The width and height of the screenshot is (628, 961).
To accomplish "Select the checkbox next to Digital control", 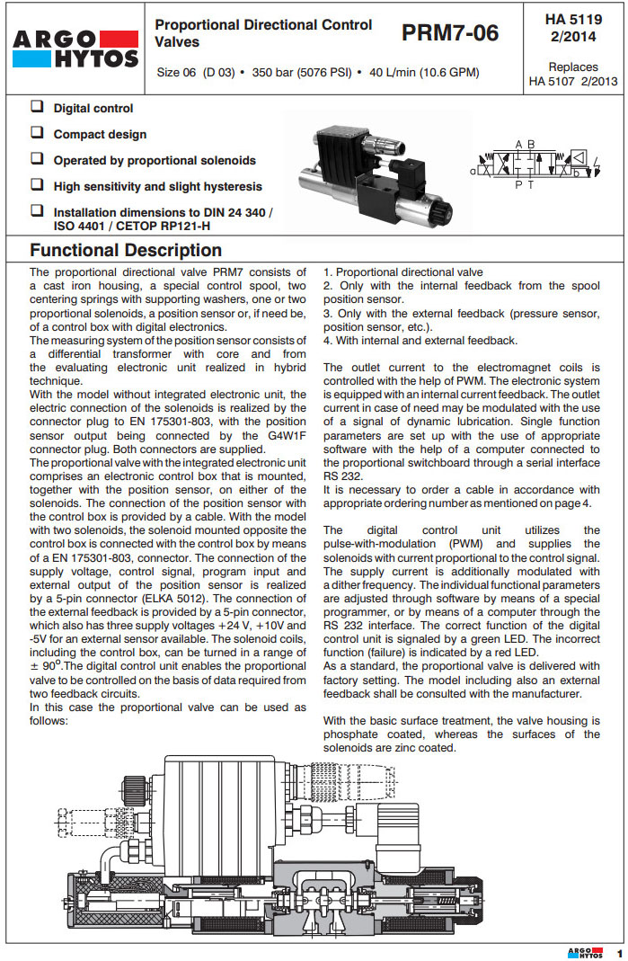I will [37, 108].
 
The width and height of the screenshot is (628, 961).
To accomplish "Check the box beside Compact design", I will [37, 133].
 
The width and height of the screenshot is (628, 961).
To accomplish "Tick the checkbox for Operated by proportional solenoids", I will [37, 159].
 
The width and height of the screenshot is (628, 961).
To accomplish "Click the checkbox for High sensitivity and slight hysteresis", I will [37, 185].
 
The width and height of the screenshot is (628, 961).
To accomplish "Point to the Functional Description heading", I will [126, 251].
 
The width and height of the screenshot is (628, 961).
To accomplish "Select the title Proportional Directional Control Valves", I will [263, 33].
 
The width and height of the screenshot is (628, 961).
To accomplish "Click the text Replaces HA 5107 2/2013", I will [574, 75].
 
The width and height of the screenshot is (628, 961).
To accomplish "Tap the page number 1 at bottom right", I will [618, 952].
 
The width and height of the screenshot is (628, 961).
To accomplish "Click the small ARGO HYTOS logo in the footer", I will [585, 952].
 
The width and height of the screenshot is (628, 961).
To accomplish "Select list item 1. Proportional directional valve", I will [402, 272].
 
